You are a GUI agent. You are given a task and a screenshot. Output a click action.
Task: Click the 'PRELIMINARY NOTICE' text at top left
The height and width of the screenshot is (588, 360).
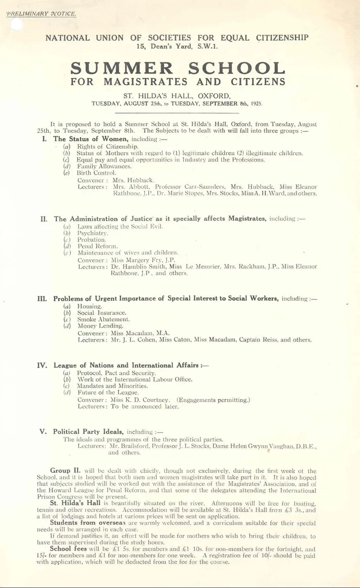click(x=40, y=13)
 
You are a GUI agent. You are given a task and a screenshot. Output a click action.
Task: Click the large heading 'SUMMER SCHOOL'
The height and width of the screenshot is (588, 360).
click(x=177, y=68)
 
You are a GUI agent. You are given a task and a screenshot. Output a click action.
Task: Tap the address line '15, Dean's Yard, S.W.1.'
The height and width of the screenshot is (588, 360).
click(x=177, y=46)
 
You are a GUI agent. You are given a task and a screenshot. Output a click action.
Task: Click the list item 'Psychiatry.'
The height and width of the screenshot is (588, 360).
click(x=93, y=233)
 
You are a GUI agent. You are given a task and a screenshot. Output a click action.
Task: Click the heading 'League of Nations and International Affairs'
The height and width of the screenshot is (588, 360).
click(x=127, y=366)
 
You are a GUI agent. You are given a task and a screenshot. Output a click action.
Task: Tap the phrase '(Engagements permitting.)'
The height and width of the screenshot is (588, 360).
click(x=213, y=400)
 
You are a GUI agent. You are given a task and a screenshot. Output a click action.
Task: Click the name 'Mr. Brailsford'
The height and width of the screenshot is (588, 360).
click(x=131, y=446)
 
